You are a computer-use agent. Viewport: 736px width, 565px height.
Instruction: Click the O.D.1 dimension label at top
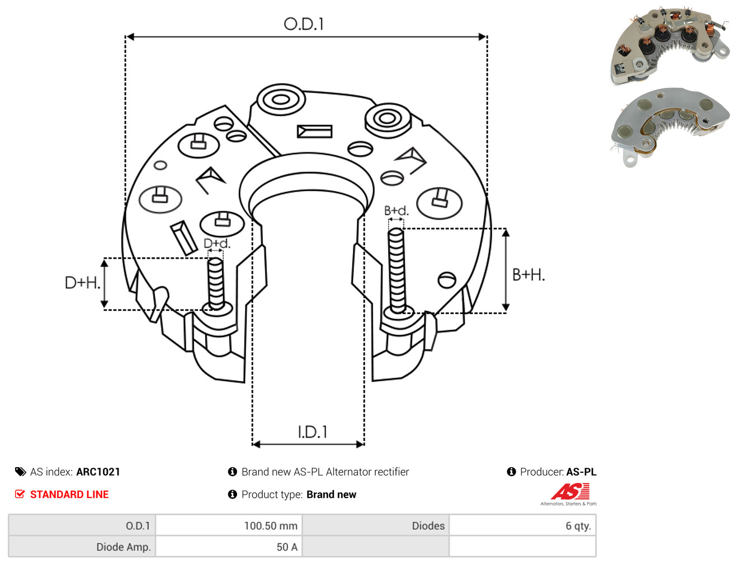304,24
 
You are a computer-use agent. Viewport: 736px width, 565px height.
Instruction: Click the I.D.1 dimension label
312,432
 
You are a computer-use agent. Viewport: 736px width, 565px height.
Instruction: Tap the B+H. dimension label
529,275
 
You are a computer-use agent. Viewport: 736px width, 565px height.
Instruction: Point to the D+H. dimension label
83,283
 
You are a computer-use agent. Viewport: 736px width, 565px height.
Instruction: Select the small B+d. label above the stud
397,211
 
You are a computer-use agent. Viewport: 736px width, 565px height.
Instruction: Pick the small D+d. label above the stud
217,243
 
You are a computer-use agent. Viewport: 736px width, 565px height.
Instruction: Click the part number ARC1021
98,472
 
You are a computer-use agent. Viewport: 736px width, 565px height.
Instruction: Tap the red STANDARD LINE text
69,494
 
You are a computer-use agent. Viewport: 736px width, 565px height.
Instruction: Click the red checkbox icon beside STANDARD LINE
20,494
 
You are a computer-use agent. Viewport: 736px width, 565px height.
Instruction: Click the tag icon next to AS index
20,472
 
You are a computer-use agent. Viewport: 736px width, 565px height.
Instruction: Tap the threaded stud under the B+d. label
397,270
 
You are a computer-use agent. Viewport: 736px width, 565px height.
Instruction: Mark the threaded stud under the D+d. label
216,283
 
